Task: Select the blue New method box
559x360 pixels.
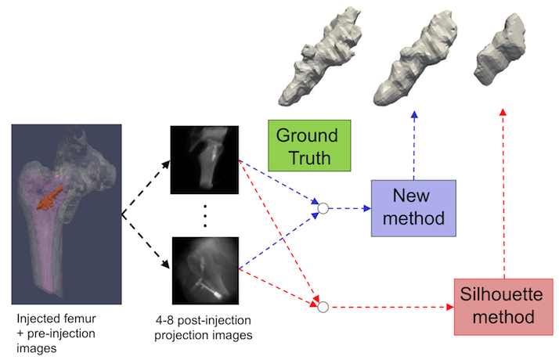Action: [x=413, y=207]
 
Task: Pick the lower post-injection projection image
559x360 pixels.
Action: [x=204, y=270]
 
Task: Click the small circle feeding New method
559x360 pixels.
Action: [x=322, y=209]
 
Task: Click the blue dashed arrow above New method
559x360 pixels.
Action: [x=413, y=145]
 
